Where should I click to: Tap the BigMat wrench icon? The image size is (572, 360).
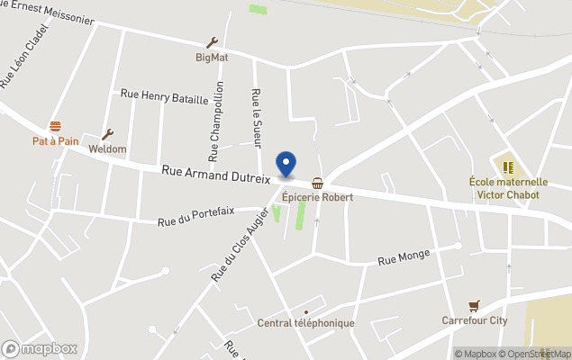tap(213, 42)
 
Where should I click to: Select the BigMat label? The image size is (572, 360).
tap(213, 58)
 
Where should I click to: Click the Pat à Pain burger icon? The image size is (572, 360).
tap(56, 127)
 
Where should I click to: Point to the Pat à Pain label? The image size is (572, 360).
tap(55, 141)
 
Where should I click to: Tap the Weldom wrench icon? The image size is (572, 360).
tap(107, 134)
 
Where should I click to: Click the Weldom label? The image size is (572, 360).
tap(107, 149)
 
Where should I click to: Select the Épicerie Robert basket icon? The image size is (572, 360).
tap(317, 183)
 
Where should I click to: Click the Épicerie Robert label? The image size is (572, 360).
tap(316, 197)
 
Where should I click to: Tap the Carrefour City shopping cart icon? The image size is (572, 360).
tap(474, 306)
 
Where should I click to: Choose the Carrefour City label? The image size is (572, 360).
tap(475, 320)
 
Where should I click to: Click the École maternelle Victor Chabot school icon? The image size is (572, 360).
tap(508, 166)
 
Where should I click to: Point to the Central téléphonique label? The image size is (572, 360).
tap(305, 323)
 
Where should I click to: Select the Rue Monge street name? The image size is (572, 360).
tap(401, 261)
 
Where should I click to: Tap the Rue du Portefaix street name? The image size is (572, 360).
tap(195, 217)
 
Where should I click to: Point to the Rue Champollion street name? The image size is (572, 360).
tap(216, 121)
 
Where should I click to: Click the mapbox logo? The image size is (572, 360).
tap(40, 348)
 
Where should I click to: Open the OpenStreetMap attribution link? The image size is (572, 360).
tap(535, 354)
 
